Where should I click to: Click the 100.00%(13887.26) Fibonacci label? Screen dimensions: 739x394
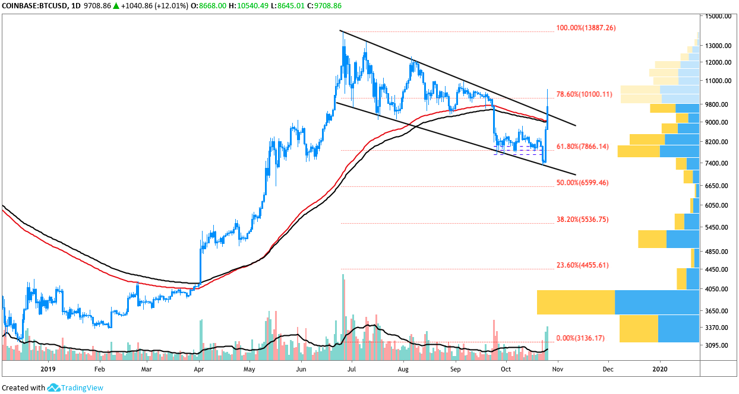point(586,28)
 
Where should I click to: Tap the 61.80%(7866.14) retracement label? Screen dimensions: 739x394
point(583,147)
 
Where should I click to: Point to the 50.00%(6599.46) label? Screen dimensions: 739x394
point(583,183)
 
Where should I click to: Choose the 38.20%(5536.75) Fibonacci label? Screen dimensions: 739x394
point(583,220)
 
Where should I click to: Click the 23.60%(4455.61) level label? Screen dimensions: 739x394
point(583,265)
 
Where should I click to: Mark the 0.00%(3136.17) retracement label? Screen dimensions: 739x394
point(580,338)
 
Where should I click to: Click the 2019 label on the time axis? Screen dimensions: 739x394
point(48,369)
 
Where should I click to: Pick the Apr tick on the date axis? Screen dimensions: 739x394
point(198,369)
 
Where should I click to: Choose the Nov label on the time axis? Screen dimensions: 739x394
point(558,369)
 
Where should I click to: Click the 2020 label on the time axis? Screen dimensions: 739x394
point(659,369)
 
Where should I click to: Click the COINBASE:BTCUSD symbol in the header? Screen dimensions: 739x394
point(34,6)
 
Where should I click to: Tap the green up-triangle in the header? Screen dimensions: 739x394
point(116,6)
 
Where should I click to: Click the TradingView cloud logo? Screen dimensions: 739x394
point(53,387)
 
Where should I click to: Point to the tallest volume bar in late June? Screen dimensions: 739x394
point(343,317)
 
